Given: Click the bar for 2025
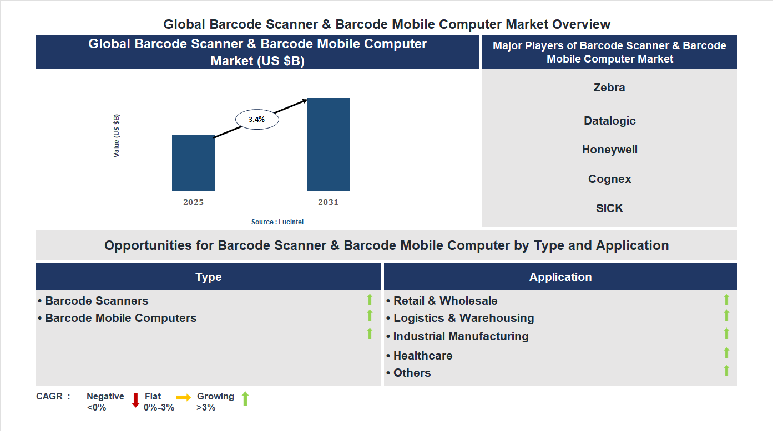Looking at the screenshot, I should pyautogui.click(x=193, y=163).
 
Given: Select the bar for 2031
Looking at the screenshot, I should pyautogui.click(x=329, y=145).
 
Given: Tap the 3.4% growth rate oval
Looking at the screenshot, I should pyautogui.click(x=257, y=119).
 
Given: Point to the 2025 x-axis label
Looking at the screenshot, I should pyautogui.click(x=193, y=202).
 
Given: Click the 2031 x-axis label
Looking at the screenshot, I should pyautogui.click(x=328, y=202).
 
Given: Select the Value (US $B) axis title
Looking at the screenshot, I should pyautogui.click(x=117, y=136).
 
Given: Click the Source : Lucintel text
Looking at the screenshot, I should pyautogui.click(x=277, y=222).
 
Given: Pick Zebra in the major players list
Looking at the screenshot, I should pyautogui.click(x=609, y=88).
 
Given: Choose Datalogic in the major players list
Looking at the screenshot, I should pyautogui.click(x=609, y=121).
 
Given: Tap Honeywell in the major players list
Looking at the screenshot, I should pyautogui.click(x=609, y=150).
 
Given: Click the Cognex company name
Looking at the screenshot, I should pyautogui.click(x=609, y=179).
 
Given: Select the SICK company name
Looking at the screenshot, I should pyautogui.click(x=609, y=208).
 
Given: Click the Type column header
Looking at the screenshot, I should pyautogui.click(x=208, y=277).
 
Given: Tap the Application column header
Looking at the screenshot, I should pyautogui.click(x=560, y=277).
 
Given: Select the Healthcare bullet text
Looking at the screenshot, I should pyautogui.click(x=422, y=356).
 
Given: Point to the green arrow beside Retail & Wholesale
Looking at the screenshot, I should pyautogui.click(x=726, y=300).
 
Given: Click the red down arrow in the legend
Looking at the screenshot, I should pyautogui.click(x=135, y=400).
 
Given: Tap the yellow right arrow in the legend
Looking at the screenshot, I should pyautogui.click(x=184, y=397).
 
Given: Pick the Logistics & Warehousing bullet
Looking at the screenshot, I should pyautogui.click(x=463, y=318).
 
